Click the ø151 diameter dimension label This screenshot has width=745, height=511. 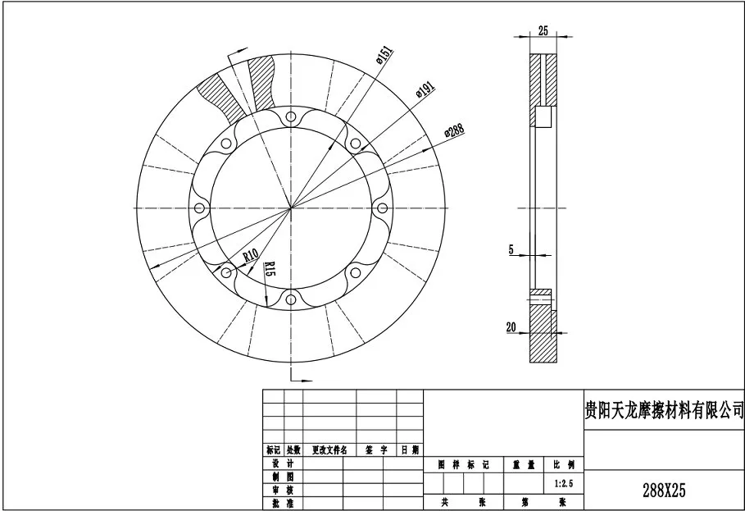384,57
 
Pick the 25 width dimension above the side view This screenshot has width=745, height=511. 543,30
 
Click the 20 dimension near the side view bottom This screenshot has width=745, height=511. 511,326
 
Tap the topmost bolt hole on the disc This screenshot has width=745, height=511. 290,121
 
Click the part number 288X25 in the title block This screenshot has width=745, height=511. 663,490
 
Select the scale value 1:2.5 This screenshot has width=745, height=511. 564,484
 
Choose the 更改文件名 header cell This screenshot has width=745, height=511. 329,450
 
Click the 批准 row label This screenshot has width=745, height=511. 279,503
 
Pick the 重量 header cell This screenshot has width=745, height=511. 524,464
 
